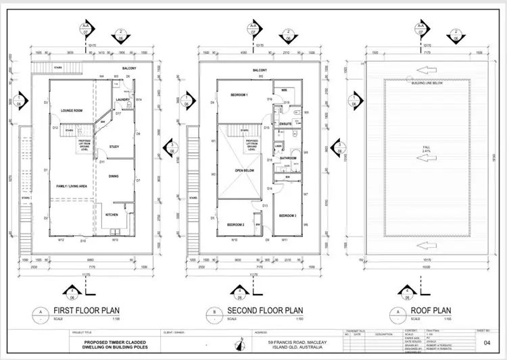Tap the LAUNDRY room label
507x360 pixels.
[x=122, y=100]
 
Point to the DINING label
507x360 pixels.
[x=114, y=178]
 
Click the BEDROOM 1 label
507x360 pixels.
[x=238, y=95]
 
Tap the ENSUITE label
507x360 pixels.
[x=285, y=124]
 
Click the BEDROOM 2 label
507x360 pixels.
[x=235, y=224]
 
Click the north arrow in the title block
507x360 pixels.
[x=238, y=343]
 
